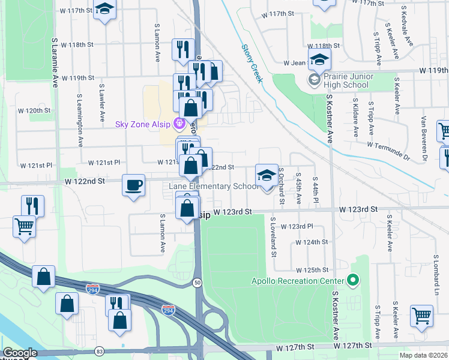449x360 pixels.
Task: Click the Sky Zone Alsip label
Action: [x=143, y=124]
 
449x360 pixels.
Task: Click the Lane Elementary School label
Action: [x=214, y=187]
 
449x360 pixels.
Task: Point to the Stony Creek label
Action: [x=252, y=64]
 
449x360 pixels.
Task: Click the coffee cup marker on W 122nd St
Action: [x=133, y=184]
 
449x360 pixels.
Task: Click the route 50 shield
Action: [x=197, y=283]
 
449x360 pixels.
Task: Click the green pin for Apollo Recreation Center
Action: [x=352, y=281]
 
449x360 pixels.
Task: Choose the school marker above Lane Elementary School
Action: [x=267, y=176]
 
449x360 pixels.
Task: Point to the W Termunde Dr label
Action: [x=387, y=151]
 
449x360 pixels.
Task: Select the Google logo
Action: [x=20, y=353]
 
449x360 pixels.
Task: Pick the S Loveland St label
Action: [x=273, y=236]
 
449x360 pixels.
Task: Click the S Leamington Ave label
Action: [x=79, y=120]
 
